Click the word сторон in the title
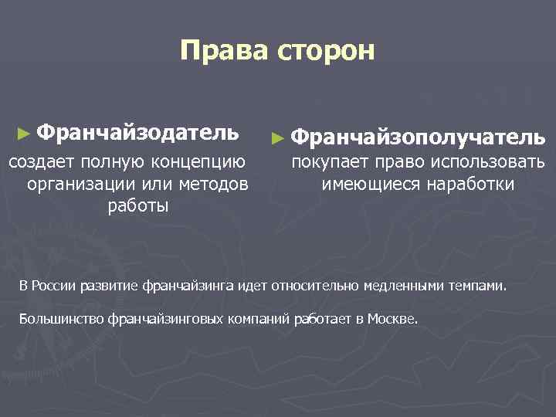(x=325, y=51)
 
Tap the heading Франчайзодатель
(x=137, y=132)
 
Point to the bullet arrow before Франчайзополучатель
(x=280, y=138)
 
